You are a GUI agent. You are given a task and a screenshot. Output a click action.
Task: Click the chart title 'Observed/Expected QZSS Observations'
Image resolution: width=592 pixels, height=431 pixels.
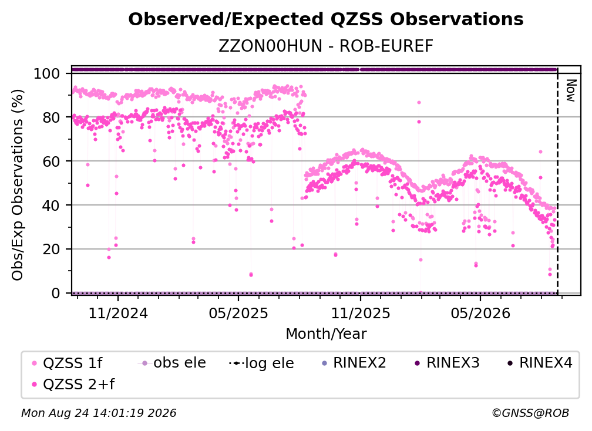point(326,19)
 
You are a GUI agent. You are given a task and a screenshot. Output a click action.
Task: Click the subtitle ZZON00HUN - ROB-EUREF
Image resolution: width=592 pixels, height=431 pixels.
point(326,46)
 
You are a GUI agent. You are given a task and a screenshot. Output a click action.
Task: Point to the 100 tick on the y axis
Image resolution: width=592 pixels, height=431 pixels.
point(46,73)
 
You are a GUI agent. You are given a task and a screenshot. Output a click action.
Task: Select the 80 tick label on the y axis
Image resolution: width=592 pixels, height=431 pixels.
point(51,117)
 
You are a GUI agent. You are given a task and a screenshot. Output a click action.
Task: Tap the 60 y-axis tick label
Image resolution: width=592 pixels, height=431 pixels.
point(51,161)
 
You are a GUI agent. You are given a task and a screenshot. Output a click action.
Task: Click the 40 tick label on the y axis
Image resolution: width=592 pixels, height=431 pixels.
point(51,206)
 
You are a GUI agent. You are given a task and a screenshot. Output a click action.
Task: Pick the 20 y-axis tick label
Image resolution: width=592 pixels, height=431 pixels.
point(51,250)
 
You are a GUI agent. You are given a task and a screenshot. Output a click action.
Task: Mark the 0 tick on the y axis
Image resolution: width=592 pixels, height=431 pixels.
point(55,293)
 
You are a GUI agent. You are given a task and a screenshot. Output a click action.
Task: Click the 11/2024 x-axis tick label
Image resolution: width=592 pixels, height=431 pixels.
point(118,314)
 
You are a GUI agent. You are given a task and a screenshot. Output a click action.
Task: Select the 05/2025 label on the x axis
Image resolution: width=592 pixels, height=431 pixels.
point(238,314)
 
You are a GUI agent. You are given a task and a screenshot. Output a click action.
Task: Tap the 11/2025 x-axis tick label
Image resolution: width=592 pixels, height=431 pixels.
point(361,314)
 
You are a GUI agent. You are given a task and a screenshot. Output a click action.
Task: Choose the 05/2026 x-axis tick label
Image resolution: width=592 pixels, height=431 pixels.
point(480,314)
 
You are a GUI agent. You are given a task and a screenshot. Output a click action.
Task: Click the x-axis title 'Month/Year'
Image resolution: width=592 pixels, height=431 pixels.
point(326,334)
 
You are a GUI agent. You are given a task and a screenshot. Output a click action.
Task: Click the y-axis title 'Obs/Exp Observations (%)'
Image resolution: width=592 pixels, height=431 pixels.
point(18,184)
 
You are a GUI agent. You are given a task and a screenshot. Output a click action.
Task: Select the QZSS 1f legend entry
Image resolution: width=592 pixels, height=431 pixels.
point(67,363)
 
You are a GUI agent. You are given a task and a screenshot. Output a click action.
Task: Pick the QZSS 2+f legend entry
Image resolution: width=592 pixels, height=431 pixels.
point(73,385)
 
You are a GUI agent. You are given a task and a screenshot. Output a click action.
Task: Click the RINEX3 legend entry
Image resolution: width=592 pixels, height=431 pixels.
point(447,363)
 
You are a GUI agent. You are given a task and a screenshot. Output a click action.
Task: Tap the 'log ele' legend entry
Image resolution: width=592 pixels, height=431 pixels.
point(261,363)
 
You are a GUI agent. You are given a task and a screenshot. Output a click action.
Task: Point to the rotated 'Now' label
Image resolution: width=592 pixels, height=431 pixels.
point(570,90)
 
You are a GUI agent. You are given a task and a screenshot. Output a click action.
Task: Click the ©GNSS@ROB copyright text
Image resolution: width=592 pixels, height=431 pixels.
point(530,413)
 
